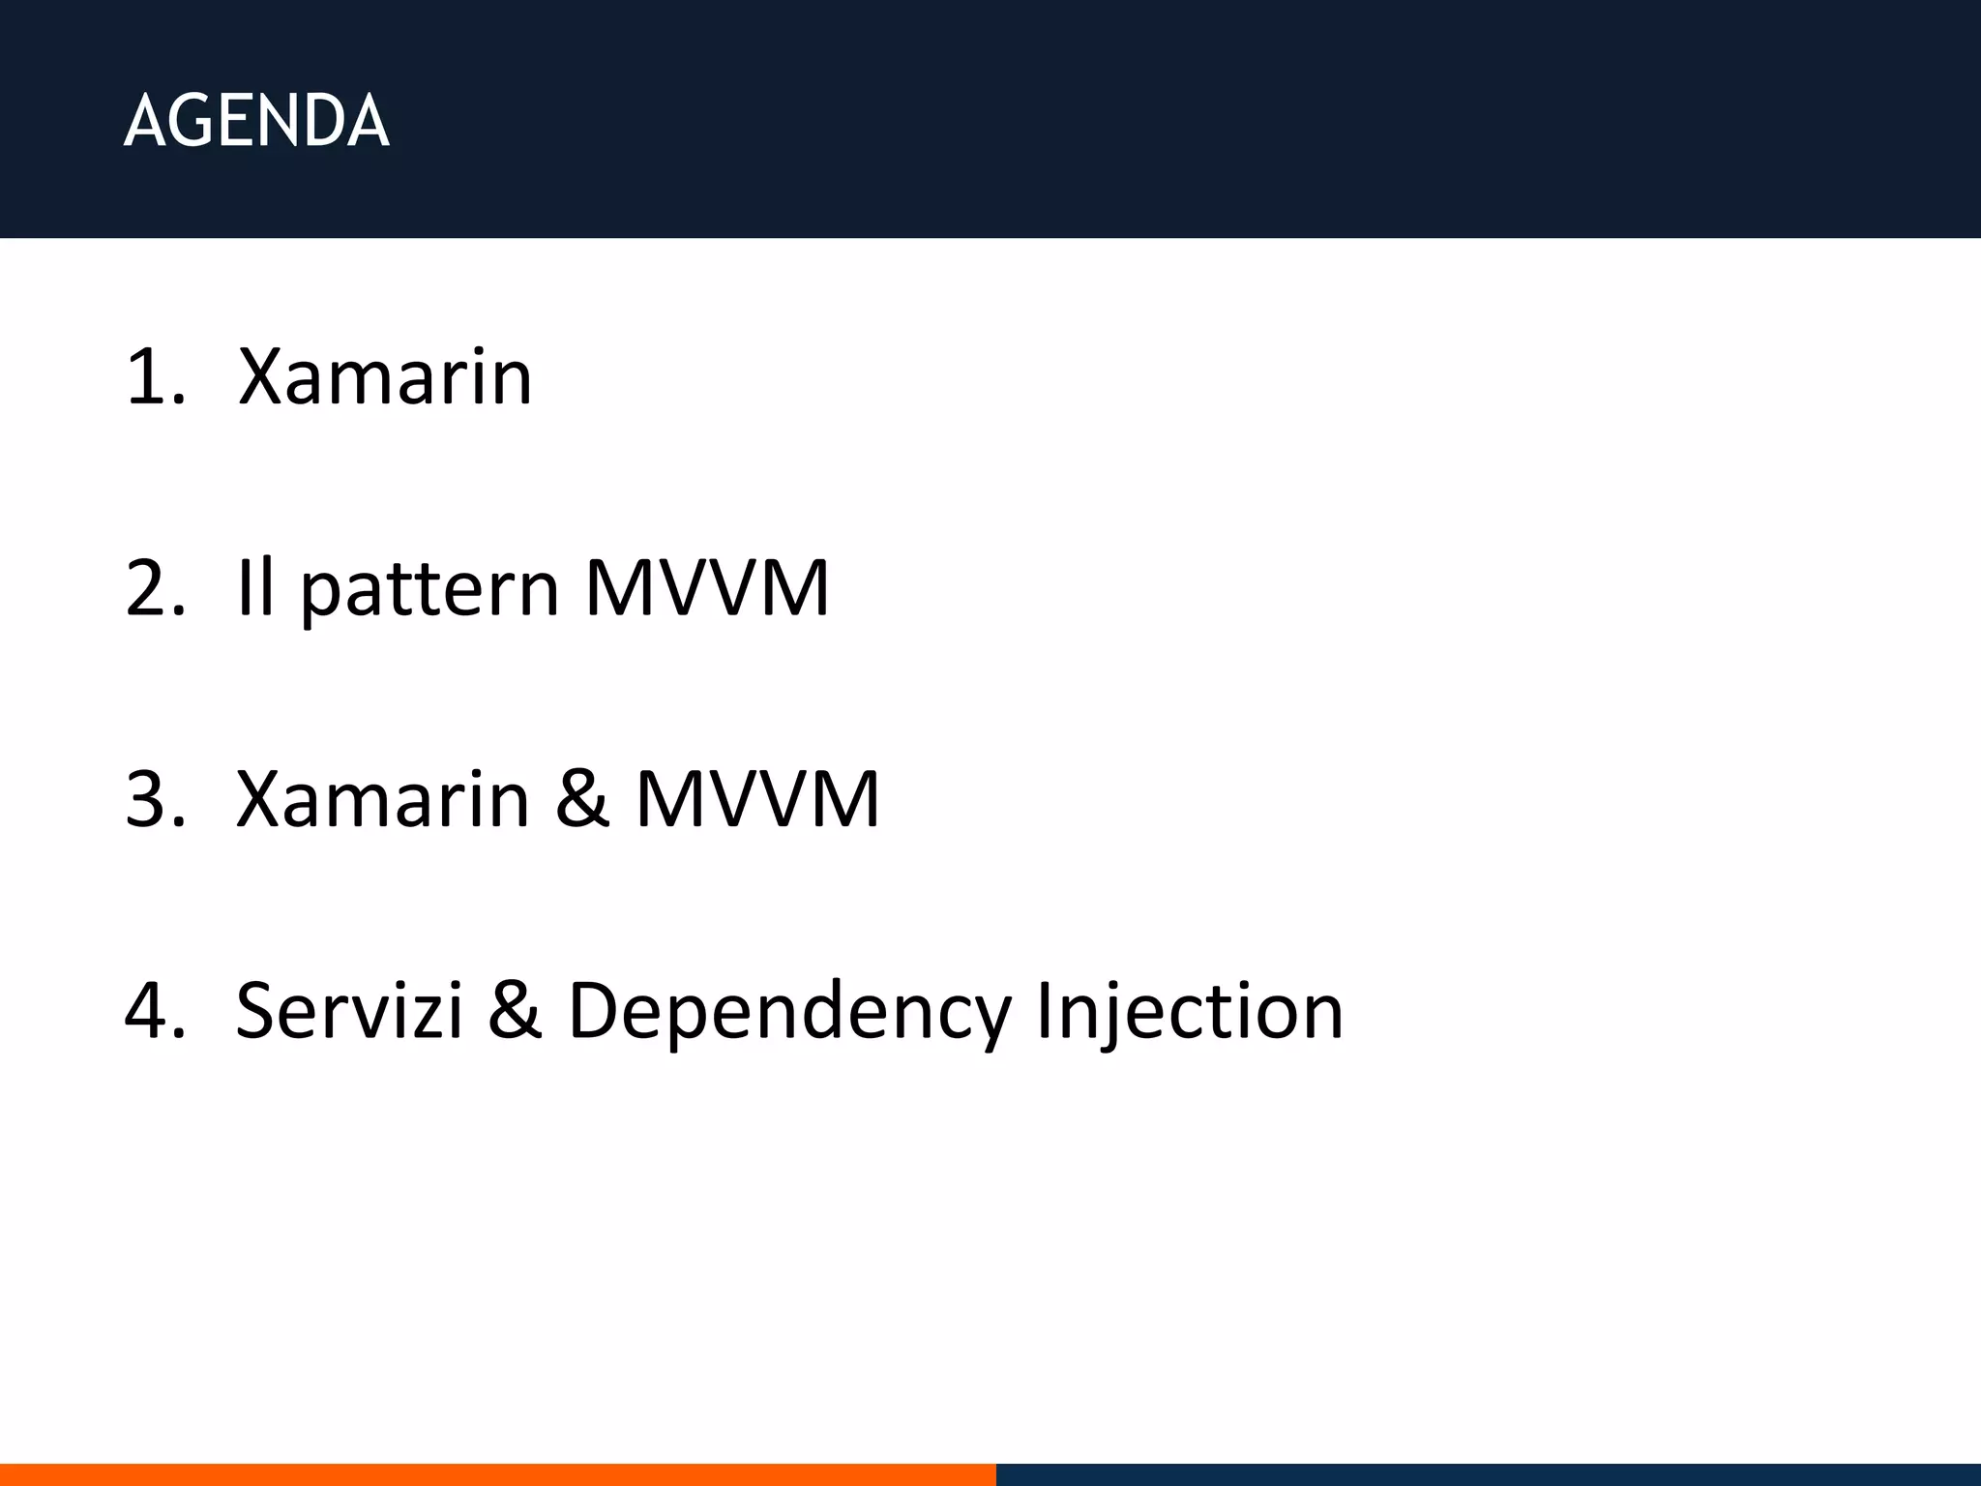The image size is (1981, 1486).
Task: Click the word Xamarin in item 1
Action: pyautogui.click(x=385, y=376)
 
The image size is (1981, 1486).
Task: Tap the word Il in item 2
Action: pyautogui.click(x=256, y=587)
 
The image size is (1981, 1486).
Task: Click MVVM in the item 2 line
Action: pyautogui.click(x=707, y=587)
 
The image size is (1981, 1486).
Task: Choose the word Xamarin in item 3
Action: pyautogui.click(x=383, y=799)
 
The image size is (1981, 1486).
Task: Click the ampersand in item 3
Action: pyautogui.click(x=582, y=799)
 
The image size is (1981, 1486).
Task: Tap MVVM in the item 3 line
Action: pyautogui.click(x=757, y=799)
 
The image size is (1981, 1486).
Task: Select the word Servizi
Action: pyautogui.click(x=349, y=1011)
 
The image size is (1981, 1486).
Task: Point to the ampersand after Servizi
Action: pyautogui.click(x=515, y=1011)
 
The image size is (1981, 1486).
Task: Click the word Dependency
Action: pyautogui.click(x=789, y=1014)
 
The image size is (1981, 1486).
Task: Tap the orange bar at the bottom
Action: pyautogui.click(x=497, y=1474)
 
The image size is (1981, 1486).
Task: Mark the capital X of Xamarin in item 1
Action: pyautogui.click(x=265, y=376)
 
